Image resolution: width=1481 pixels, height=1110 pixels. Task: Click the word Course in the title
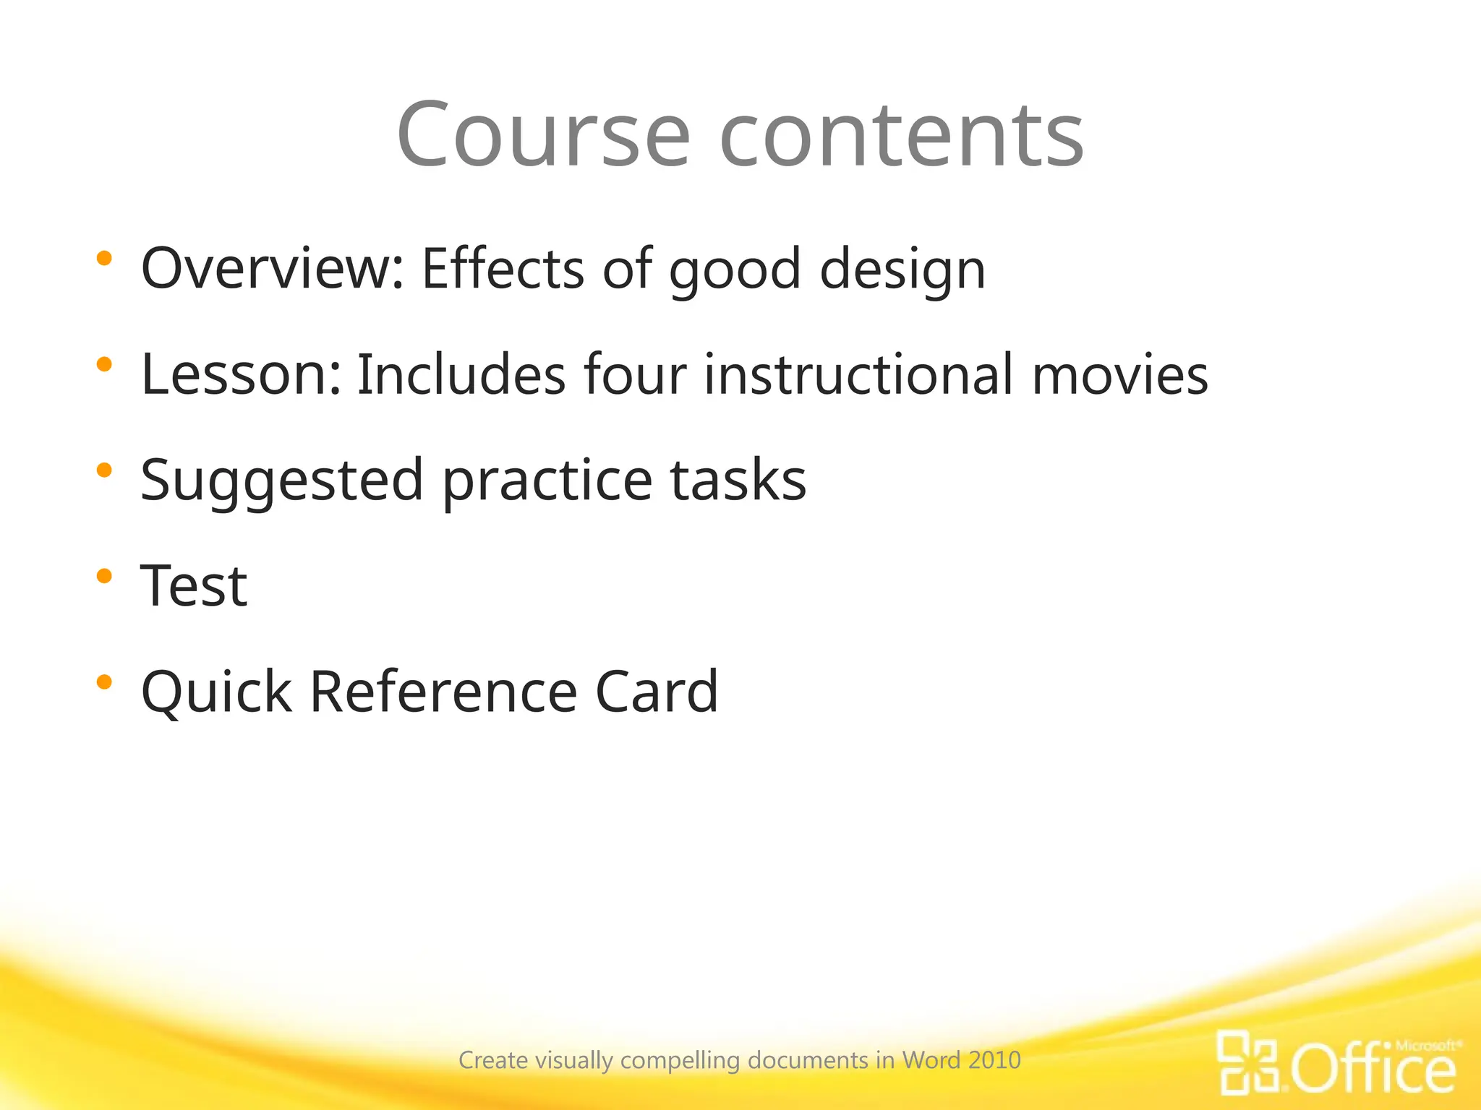[x=543, y=134]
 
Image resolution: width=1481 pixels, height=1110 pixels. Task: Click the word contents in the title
[x=901, y=134]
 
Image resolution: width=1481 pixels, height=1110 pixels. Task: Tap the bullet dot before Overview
[x=104, y=258]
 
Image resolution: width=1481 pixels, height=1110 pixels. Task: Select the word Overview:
[x=272, y=269]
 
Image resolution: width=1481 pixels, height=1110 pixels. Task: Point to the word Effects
[x=503, y=269]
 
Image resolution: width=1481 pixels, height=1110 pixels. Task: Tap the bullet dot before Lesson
[x=104, y=364]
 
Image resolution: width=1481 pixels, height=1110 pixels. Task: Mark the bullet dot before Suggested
[x=104, y=470]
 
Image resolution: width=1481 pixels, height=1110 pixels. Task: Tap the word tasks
[x=738, y=481]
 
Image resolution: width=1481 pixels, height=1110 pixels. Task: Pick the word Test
[x=194, y=586]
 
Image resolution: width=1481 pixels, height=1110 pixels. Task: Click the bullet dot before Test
[x=104, y=576]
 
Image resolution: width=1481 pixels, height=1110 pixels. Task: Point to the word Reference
[x=443, y=692]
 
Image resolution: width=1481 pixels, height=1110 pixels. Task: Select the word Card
[x=656, y=692]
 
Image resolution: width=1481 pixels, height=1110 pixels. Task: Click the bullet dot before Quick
[x=104, y=681]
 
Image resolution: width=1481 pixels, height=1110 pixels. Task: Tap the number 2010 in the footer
[x=994, y=1060]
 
